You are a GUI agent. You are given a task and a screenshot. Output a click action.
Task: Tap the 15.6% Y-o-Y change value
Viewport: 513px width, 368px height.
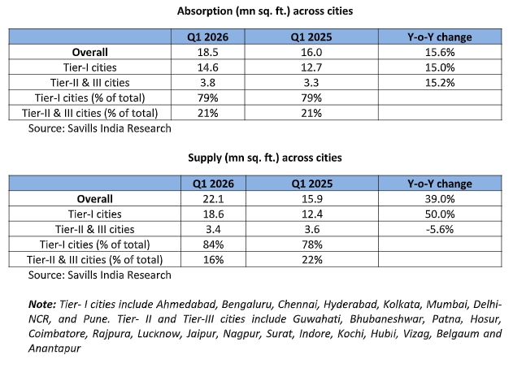coord(439,51)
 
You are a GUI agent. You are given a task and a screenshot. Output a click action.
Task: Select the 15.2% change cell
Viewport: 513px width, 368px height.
coord(439,82)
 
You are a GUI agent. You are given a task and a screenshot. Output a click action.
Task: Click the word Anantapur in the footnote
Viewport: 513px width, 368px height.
coord(55,348)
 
